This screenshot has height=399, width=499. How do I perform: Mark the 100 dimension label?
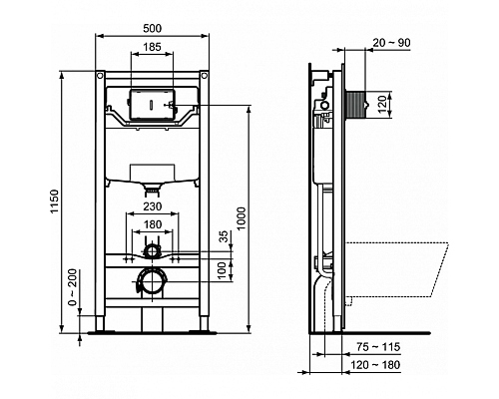[x=224, y=270]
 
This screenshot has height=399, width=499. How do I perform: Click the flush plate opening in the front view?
[x=151, y=103]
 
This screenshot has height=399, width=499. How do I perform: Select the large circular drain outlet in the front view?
[x=152, y=282]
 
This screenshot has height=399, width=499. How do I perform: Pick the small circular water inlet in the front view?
[x=151, y=241]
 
